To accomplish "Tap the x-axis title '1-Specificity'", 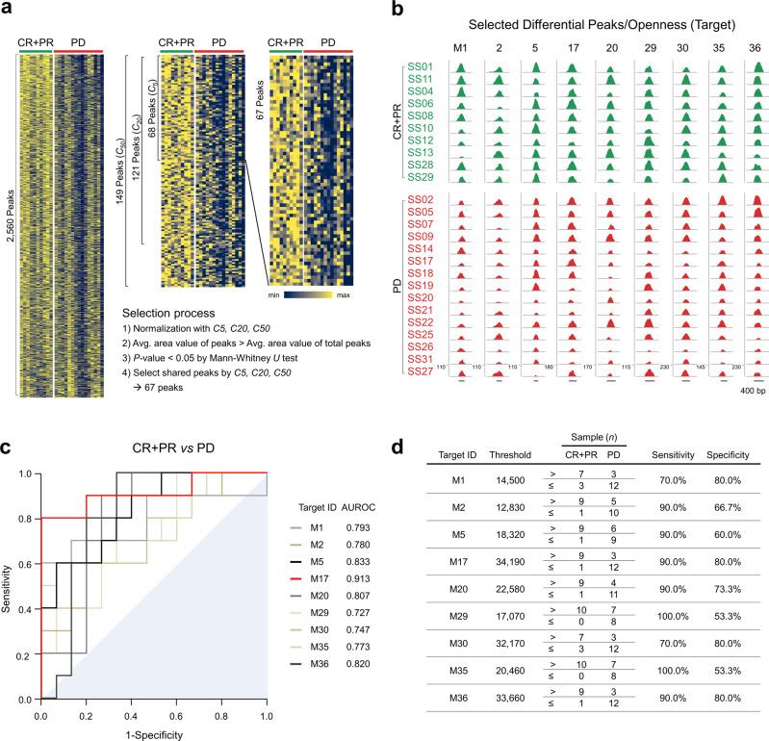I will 153,732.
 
